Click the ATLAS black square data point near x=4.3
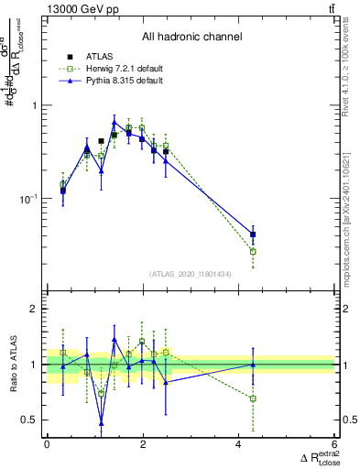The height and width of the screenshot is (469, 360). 253,234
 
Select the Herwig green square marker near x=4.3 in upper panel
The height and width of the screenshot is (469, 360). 253,251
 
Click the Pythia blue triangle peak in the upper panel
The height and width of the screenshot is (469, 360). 115,122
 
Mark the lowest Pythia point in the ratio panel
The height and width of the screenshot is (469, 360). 101,423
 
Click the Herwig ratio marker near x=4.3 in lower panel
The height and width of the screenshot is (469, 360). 253,398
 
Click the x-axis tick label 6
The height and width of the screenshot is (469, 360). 334,445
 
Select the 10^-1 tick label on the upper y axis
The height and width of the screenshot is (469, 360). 28,199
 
